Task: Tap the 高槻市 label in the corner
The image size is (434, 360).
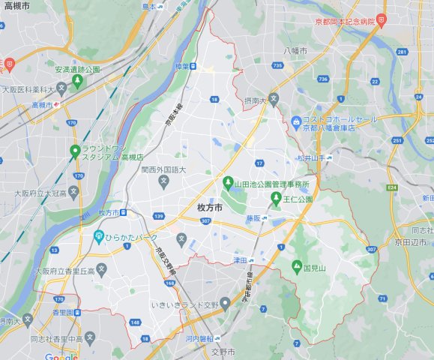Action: (x=16, y=6)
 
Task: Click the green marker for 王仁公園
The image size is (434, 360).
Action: (x=276, y=199)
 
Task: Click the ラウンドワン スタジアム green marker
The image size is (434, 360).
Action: (x=75, y=151)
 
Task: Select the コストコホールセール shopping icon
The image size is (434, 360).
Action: (x=296, y=121)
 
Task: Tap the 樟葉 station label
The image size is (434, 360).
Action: (x=181, y=67)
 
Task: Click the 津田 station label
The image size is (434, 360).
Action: (x=239, y=259)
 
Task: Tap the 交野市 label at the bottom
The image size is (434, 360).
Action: (x=222, y=352)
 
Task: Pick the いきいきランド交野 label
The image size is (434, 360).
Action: (x=184, y=304)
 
